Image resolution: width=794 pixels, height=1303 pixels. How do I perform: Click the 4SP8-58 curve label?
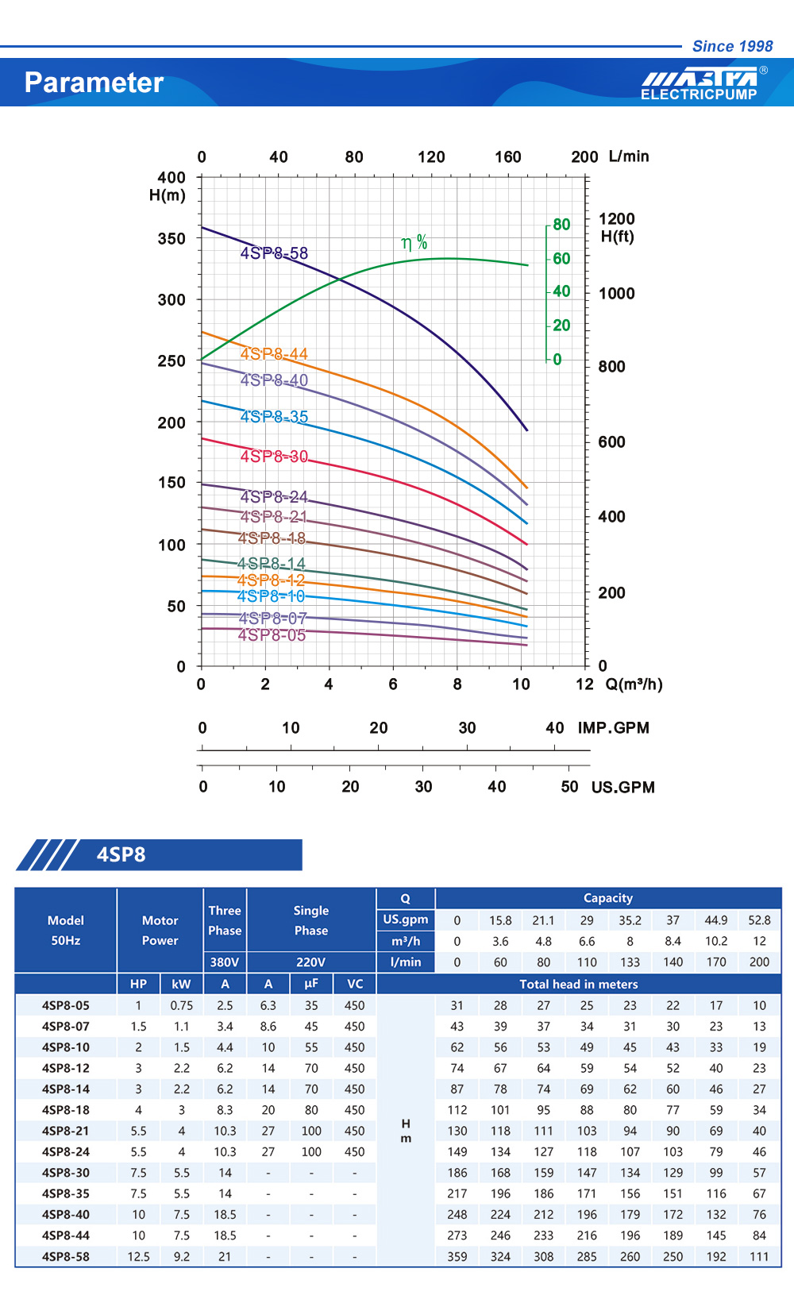(274, 253)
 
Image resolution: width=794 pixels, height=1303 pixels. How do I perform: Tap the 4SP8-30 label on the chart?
(274, 457)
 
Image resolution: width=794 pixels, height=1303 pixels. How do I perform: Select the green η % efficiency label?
(414, 242)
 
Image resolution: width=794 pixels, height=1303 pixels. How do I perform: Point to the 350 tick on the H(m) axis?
(171, 239)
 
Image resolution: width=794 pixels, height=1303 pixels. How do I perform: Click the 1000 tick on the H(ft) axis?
(616, 294)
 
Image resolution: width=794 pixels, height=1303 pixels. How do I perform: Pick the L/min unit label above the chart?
(629, 156)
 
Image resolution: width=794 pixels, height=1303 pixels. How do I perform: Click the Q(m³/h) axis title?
(634, 684)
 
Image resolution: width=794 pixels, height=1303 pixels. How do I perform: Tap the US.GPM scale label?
(622, 788)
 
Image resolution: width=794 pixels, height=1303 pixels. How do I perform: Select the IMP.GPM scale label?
(613, 728)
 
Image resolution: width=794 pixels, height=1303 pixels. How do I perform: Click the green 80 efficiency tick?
(561, 225)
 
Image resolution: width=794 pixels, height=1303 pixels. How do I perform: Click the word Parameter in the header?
(94, 83)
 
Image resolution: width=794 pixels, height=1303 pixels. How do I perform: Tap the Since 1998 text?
(732, 46)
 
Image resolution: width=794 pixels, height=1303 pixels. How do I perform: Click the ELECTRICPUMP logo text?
(699, 94)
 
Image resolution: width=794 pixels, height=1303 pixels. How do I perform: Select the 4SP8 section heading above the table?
(121, 854)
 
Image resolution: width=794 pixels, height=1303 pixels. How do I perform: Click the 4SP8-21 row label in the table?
(65, 1131)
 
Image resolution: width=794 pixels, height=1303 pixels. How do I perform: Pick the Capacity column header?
(607, 898)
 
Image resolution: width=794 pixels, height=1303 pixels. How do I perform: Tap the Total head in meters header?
(578, 984)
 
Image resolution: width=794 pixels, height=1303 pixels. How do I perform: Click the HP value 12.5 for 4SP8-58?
(138, 1256)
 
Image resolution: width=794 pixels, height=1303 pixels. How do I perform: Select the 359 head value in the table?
(457, 1256)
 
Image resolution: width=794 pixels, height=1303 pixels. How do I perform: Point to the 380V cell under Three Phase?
(225, 962)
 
